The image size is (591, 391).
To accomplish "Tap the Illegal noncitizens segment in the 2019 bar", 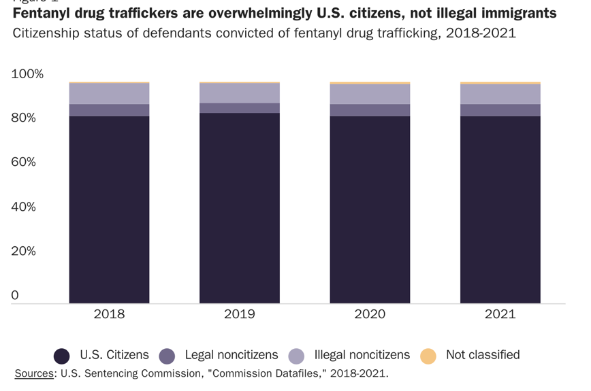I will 240,93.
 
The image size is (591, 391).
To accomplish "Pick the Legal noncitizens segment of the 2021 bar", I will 500,110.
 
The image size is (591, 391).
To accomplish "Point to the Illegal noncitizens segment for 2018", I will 109,94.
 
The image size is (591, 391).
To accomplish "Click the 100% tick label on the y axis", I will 27,74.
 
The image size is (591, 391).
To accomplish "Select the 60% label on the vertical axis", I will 24,163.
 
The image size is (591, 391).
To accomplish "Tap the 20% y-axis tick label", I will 24,252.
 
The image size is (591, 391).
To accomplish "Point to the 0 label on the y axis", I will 14,296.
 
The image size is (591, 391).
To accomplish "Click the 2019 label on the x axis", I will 240,314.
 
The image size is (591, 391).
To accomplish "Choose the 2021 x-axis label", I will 500,314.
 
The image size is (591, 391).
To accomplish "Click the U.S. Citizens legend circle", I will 62,356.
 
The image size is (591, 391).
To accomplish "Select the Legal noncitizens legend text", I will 231,355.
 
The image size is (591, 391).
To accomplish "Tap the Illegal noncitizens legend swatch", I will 296,356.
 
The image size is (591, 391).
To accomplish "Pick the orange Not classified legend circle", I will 428,356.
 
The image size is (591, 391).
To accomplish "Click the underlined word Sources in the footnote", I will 35,373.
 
